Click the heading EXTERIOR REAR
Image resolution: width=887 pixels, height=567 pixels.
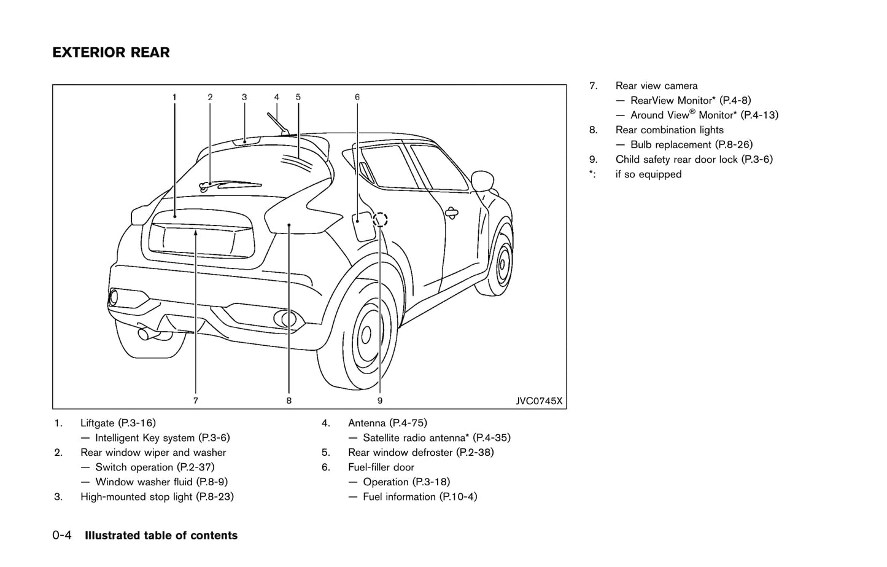111,53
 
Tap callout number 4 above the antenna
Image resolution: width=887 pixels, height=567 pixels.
277,97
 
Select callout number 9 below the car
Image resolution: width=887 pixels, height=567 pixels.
380,401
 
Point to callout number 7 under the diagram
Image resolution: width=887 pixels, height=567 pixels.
195,401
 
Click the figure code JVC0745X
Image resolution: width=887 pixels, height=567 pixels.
538,401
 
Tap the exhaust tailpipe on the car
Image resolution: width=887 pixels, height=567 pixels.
147,334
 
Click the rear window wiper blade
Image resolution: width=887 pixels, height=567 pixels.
230,183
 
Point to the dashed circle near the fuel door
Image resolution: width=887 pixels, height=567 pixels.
381,219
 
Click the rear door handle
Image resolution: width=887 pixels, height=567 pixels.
451,213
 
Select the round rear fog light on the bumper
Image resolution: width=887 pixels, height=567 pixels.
285,318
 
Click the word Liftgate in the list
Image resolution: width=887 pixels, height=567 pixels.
97,423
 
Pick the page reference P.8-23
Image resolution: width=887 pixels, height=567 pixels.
214,497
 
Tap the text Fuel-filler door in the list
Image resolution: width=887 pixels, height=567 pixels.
381,467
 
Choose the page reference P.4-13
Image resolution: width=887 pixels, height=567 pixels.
759,115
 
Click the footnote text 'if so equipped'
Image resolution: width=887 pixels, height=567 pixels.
648,174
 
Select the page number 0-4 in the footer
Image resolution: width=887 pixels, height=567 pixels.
62,536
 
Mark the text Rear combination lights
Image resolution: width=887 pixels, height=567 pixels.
669,130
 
